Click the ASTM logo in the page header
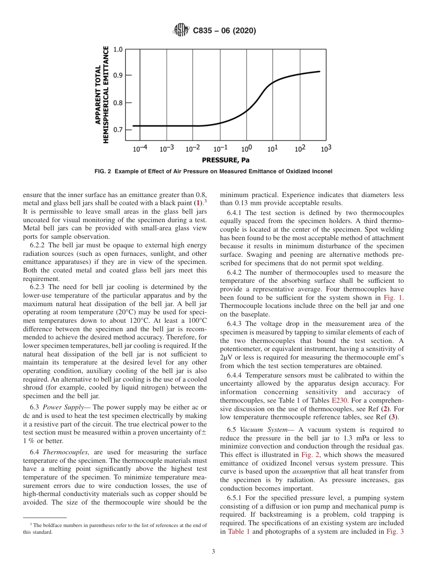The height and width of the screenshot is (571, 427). pos(181,31)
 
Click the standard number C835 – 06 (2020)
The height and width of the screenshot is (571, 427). pos(224,31)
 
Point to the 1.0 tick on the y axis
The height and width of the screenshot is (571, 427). pos(118,49)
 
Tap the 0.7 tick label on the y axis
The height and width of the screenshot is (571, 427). pos(118,130)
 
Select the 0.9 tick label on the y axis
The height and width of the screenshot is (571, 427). pos(118,75)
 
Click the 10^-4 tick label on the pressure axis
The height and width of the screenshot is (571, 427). pos(140,149)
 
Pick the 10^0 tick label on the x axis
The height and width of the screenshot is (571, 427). pos(246,149)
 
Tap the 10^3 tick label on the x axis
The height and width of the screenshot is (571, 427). pos(326,149)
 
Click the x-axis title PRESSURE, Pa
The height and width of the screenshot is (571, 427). pos(226,160)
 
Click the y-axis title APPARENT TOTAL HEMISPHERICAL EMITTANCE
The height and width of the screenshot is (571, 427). pos(102,94)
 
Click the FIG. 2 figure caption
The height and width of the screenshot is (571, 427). pos(213,171)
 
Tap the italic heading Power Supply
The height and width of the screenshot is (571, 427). pos(62,407)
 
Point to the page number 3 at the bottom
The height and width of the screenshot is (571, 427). pos(213,552)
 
